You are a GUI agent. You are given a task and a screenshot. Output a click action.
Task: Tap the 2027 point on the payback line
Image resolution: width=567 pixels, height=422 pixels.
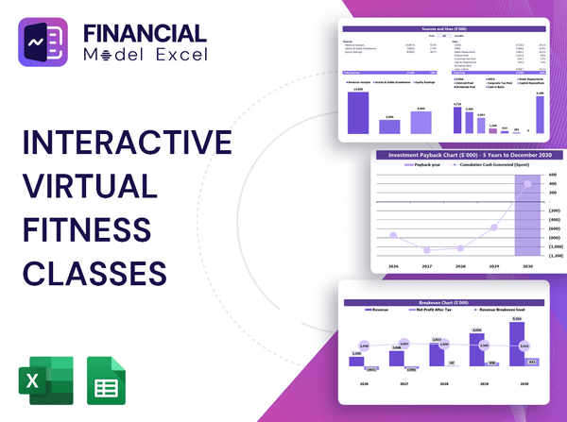[427, 250]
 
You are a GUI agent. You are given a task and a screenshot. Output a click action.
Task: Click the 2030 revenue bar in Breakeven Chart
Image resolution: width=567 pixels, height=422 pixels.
[515, 345]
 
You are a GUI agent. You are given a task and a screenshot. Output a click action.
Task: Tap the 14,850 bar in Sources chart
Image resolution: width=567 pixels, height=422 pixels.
[358, 112]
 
